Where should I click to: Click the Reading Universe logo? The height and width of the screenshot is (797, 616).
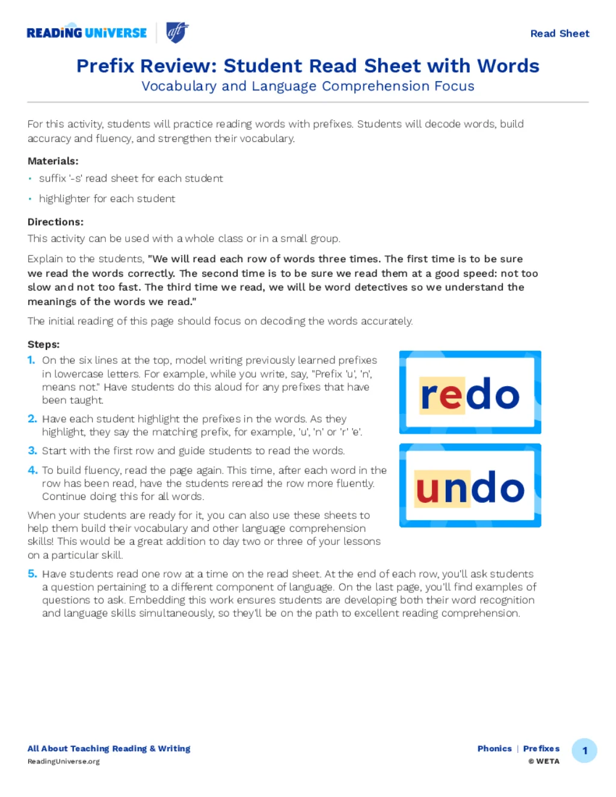tap(87, 33)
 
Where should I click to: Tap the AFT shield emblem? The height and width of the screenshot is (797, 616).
tap(177, 32)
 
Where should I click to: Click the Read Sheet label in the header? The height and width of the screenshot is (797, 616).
tap(559, 34)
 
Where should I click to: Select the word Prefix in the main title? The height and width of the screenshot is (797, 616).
tap(105, 66)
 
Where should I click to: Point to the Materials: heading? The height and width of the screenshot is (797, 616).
tap(53, 161)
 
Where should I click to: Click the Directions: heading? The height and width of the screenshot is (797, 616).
tap(55, 222)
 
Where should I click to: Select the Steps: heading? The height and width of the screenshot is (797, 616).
tap(43, 345)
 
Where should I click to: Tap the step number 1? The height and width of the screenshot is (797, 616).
tap(31, 360)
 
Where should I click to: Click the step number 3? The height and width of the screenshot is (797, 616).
tap(32, 451)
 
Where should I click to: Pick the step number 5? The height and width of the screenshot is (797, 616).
tap(32, 574)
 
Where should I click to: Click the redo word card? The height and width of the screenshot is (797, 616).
tap(470, 392)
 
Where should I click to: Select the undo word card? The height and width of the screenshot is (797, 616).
tap(470, 485)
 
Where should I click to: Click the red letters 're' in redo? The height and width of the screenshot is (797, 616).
tap(442, 395)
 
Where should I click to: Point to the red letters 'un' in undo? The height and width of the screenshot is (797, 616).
tap(443, 488)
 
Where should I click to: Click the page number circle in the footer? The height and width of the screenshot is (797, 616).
tap(584, 751)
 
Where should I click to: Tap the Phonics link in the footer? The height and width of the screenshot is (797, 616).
tap(494, 749)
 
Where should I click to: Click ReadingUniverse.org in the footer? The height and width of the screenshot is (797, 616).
tap(64, 762)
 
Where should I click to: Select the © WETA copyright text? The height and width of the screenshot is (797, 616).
tap(544, 762)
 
